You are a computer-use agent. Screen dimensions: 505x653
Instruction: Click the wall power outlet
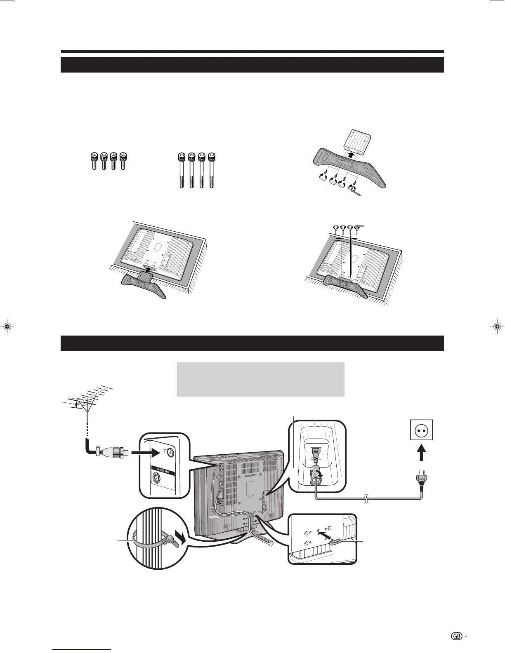(x=420, y=432)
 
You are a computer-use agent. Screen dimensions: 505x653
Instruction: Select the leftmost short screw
(x=94, y=161)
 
